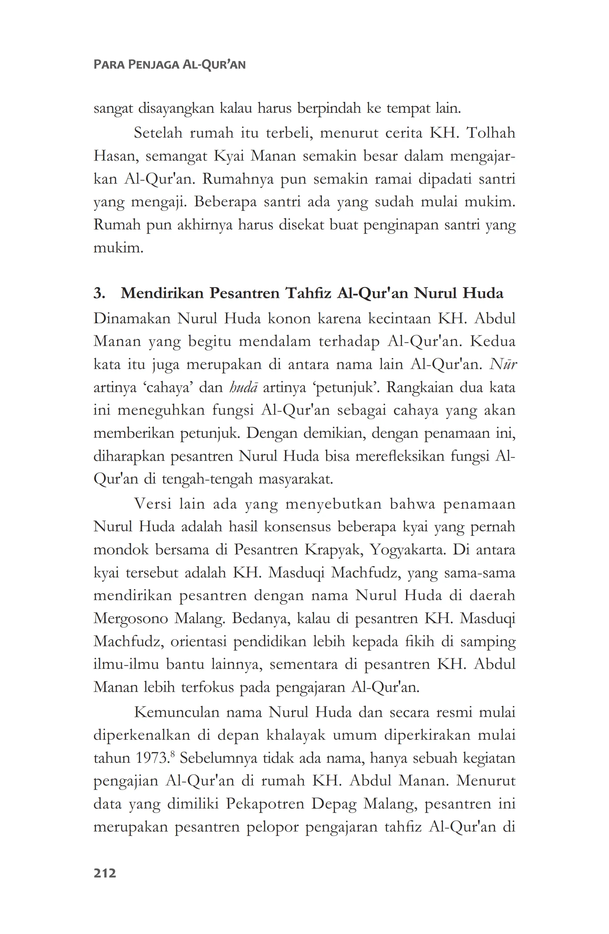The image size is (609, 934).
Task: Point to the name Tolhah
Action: point(490,133)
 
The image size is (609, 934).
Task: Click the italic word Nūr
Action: point(503,365)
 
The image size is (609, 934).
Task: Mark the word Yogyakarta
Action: point(408,550)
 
